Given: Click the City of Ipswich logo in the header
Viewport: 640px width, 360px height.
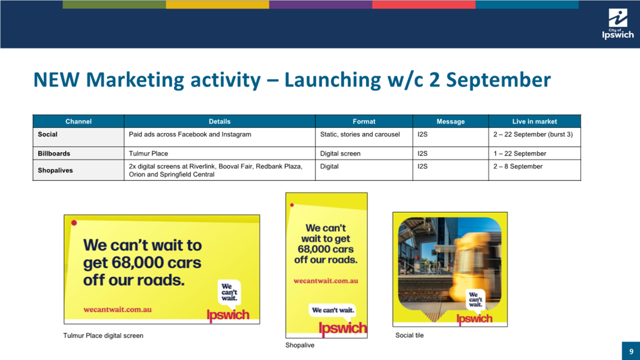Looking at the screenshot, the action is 618,24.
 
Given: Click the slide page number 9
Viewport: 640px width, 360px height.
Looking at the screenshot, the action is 631,351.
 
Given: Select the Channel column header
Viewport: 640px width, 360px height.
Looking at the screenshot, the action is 79,121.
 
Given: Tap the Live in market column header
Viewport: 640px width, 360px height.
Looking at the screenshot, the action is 534,121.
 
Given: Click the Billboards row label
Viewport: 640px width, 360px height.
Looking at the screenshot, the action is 54,153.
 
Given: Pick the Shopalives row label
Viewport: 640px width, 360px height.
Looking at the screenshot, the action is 55,170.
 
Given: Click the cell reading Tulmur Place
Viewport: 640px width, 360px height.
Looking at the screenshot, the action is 148,153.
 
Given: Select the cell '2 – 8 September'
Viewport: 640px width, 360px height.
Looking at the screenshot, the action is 518,166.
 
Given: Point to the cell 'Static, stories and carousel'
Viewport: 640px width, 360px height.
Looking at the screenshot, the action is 360,134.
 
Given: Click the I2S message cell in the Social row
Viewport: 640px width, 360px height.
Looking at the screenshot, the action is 422,134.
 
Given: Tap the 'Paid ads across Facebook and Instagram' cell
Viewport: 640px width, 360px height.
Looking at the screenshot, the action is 190,134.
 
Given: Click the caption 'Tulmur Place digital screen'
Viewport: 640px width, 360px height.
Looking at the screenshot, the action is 103,336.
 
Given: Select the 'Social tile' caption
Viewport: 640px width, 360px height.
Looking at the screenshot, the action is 409,335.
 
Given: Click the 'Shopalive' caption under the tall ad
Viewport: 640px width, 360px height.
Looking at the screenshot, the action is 300,345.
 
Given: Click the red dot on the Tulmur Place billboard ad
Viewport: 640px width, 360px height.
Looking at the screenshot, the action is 74,223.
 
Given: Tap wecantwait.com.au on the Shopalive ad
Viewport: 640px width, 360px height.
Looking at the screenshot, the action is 326,281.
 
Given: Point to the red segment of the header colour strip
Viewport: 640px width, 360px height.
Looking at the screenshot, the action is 424,4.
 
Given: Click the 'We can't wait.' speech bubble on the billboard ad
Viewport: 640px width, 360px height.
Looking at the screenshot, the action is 229,293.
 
